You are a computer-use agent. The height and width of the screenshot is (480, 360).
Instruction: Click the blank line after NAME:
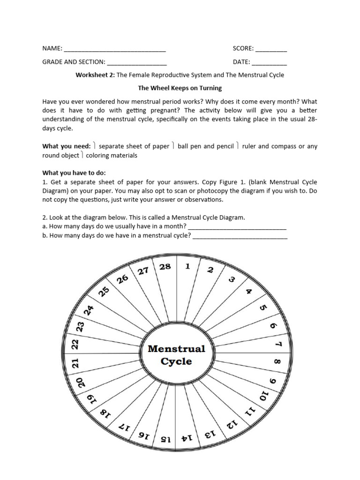point(114,49)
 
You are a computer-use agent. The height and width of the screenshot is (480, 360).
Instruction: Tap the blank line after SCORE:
point(271,49)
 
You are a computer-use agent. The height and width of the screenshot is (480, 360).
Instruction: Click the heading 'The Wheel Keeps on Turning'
point(180,88)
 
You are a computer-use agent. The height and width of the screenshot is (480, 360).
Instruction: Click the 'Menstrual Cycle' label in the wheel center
point(177,355)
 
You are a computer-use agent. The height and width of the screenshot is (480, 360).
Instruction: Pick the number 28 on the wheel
point(165,267)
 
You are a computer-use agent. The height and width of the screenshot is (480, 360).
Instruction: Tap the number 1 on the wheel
point(187,267)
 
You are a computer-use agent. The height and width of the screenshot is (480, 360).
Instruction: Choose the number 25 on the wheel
point(104,292)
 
